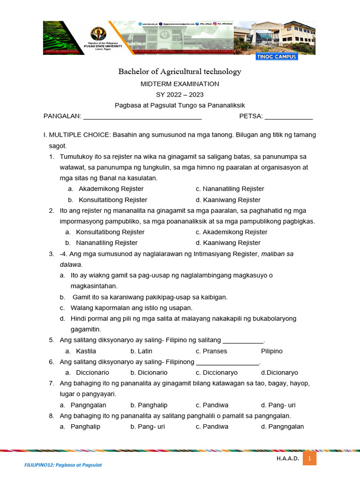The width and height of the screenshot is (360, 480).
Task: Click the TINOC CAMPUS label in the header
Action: (277, 57)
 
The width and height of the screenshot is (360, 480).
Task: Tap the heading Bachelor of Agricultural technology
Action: (180, 72)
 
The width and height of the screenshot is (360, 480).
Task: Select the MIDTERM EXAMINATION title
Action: (180, 84)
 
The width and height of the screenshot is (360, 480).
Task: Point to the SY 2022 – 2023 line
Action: (180, 95)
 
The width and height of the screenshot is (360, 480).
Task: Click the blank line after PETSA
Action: (289, 117)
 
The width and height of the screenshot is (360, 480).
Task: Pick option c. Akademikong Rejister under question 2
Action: (232, 232)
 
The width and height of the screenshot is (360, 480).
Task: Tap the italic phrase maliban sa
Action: (277, 254)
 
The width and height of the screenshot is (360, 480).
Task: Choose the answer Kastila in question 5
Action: (86, 351)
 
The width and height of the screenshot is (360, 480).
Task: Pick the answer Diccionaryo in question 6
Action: (217, 373)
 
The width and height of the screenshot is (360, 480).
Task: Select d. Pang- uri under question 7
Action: (278, 405)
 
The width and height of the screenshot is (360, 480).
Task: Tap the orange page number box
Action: (310, 458)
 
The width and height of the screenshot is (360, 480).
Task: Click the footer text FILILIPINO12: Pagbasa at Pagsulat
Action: (63, 465)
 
